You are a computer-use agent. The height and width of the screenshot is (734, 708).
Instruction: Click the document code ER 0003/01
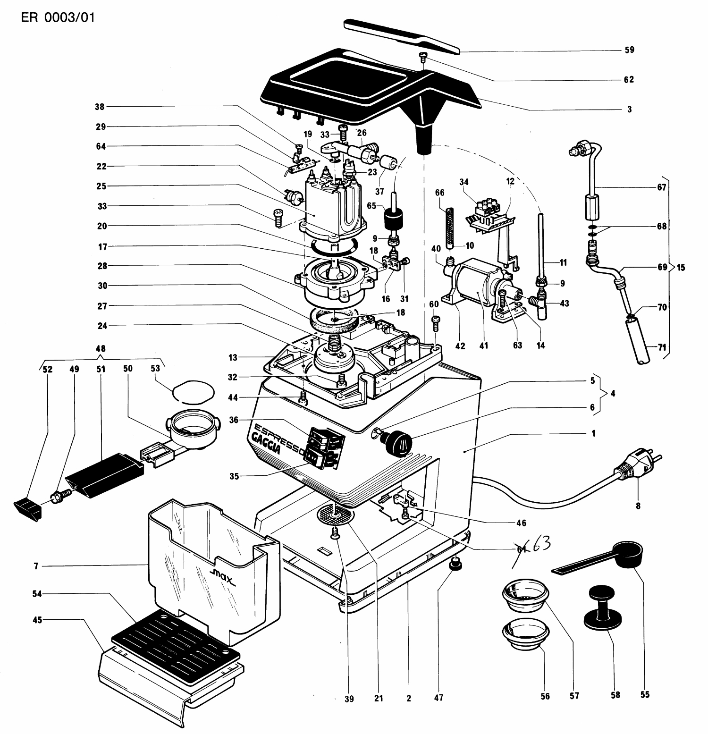(58, 18)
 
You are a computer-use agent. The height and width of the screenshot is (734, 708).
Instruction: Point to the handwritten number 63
(540, 545)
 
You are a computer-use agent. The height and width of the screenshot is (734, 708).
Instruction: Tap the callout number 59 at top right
(629, 50)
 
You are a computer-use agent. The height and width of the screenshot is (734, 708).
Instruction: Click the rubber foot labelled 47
(455, 563)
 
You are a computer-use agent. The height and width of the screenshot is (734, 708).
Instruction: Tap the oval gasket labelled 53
(194, 391)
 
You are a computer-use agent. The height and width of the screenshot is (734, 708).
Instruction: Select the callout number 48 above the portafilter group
(100, 349)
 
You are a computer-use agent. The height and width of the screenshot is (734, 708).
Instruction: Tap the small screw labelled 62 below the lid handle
(422, 57)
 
